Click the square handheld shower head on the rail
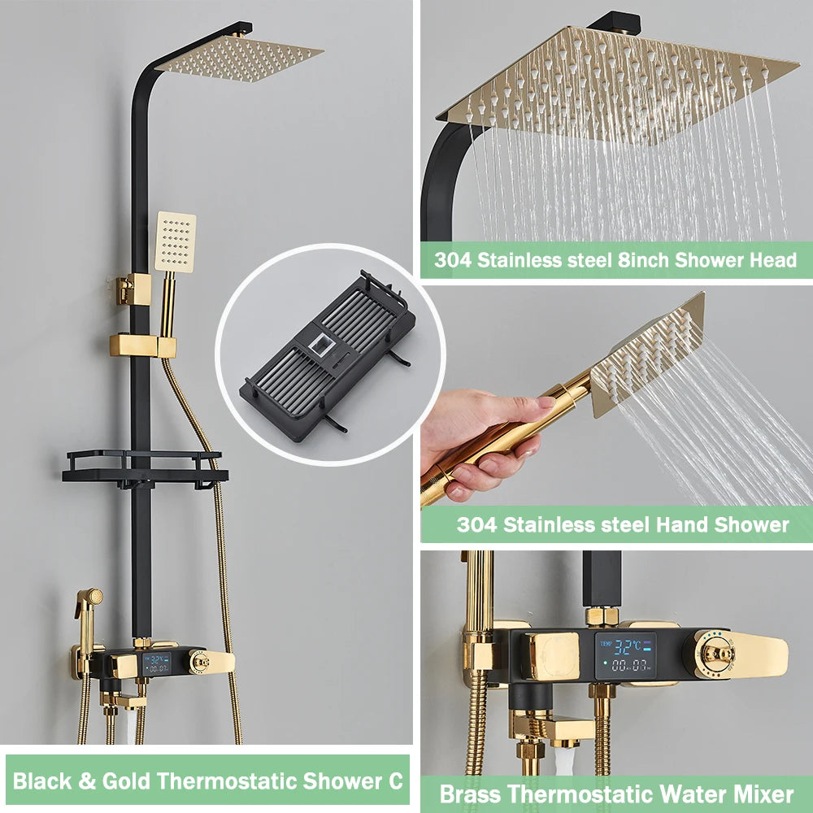[176, 241]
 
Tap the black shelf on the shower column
[145, 467]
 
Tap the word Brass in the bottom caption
[470, 793]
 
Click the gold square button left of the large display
[551, 655]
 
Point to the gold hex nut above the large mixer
[602, 615]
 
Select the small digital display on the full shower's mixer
[157, 663]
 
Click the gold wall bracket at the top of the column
[133, 288]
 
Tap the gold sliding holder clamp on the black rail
[142, 346]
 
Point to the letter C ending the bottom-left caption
[394, 781]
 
